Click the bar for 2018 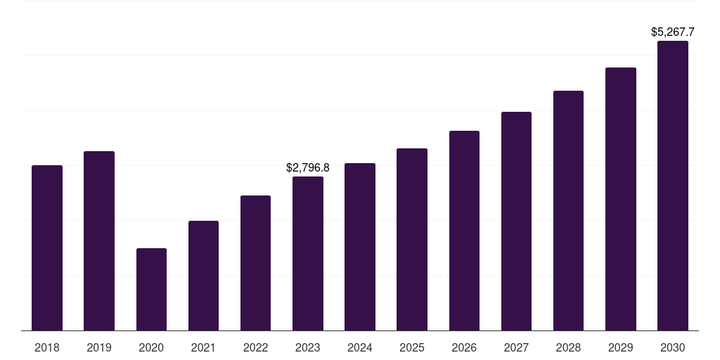pyautogui.click(x=47, y=247)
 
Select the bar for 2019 pyautogui.click(x=99, y=240)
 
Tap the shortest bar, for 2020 pyautogui.click(x=151, y=289)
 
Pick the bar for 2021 pyautogui.click(x=203, y=276)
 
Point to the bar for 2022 pyautogui.click(x=255, y=263)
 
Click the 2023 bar pyautogui.click(x=308, y=253)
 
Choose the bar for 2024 pyautogui.click(x=360, y=247)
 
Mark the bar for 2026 pyautogui.click(x=464, y=231)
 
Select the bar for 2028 pyautogui.click(x=568, y=210)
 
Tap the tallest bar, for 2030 pyautogui.click(x=673, y=186)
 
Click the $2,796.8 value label pyautogui.click(x=308, y=168)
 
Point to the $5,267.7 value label pyautogui.click(x=673, y=32)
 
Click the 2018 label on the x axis pyautogui.click(x=47, y=347)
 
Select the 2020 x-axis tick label pyautogui.click(x=151, y=347)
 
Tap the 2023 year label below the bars pyautogui.click(x=308, y=347)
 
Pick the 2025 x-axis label pyautogui.click(x=412, y=347)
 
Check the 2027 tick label pyautogui.click(x=516, y=347)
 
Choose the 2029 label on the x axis pyautogui.click(x=620, y=347)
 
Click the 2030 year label pyautogui.click(x=673, y=347)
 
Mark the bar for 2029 pyautogui.click(x=620, y=199)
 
